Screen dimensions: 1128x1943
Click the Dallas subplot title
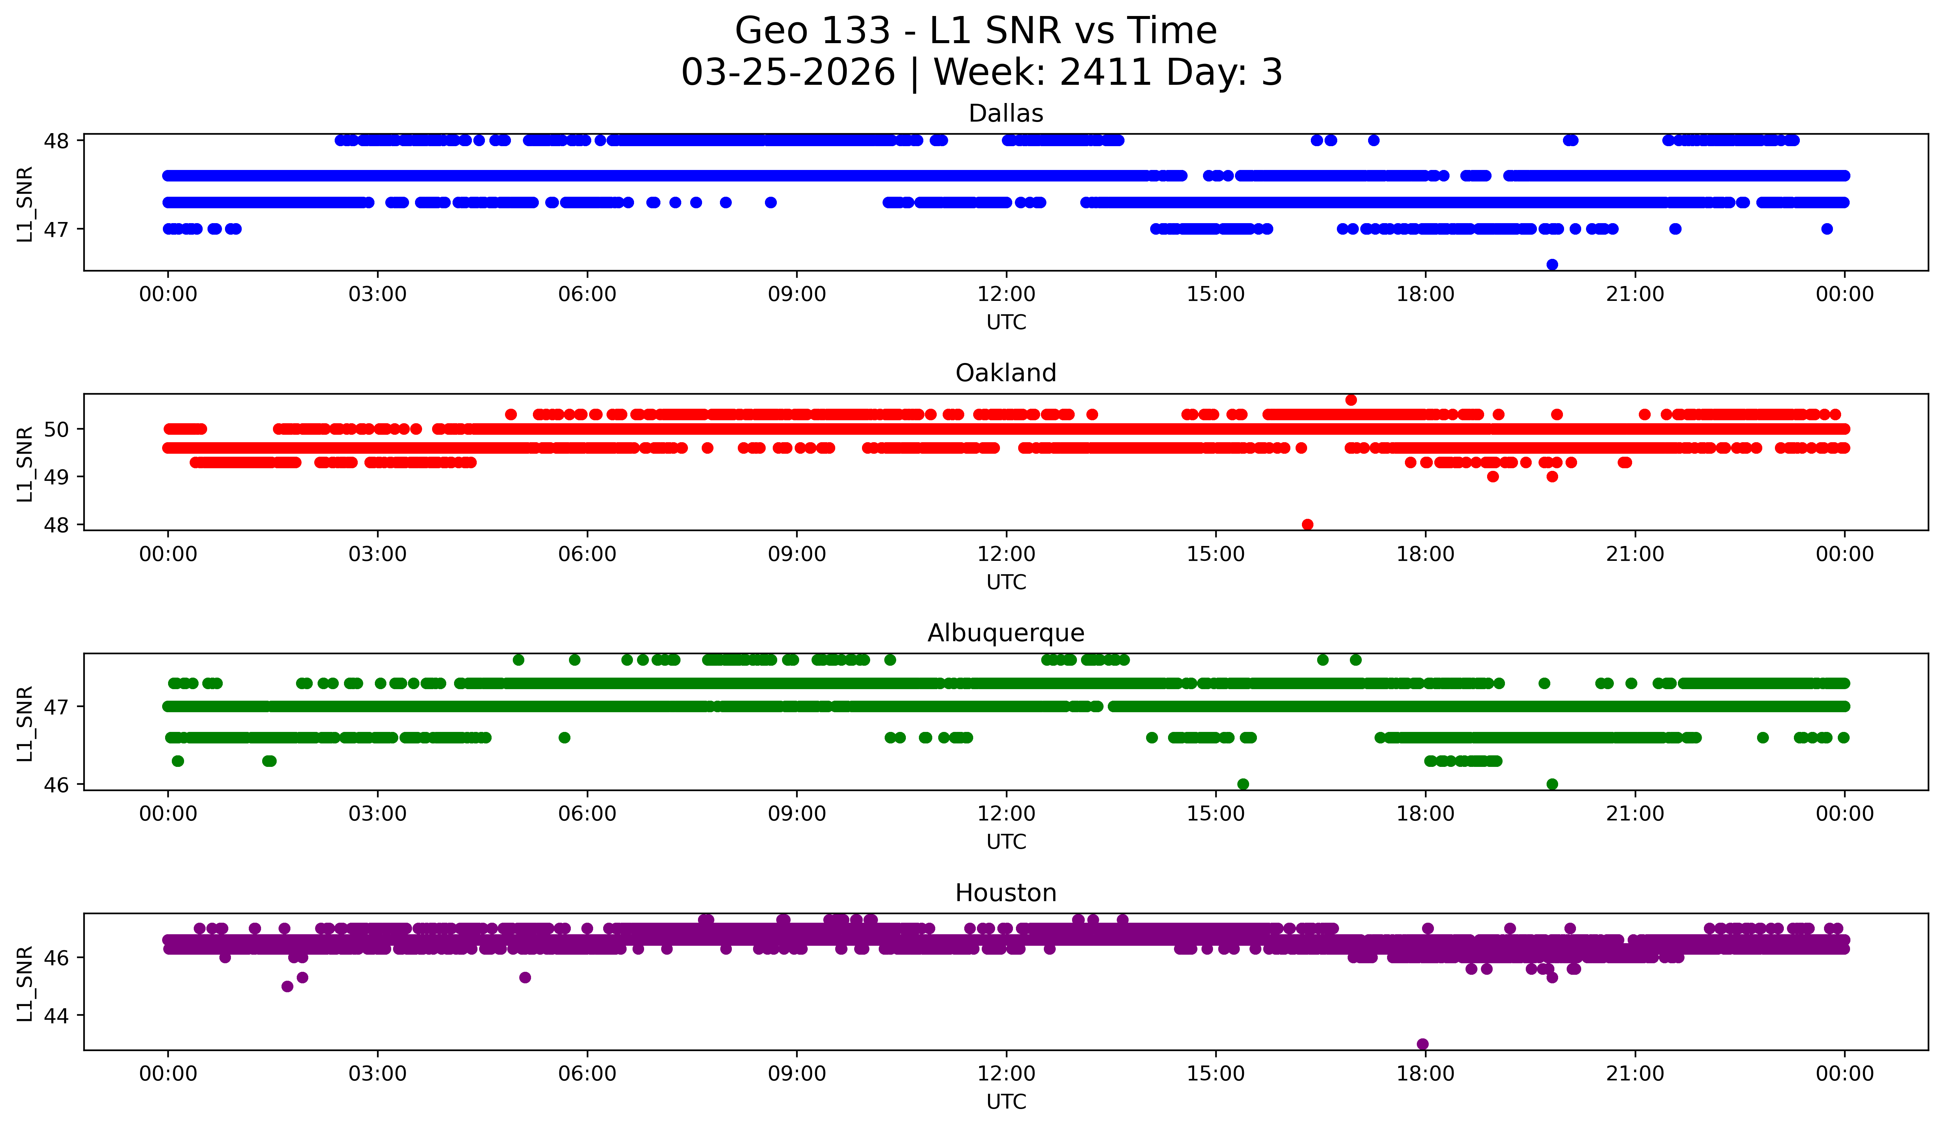tap(1006, 113)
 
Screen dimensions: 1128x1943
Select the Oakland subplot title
tap(1006, 373)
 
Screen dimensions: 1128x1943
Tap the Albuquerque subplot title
tap(1006, 633)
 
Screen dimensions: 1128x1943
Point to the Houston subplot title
tap(1006, 893)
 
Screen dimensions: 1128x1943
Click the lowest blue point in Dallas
tap(1552, 264)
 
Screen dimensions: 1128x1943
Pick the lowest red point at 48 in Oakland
tap(1307, 524)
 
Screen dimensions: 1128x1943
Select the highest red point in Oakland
tap(1351, 399)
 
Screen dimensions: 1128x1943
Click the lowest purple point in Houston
tap(1422, 1044)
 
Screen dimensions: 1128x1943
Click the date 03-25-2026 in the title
tap(788, 73)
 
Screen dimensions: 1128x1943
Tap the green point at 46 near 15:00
tap(1243, 784)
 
